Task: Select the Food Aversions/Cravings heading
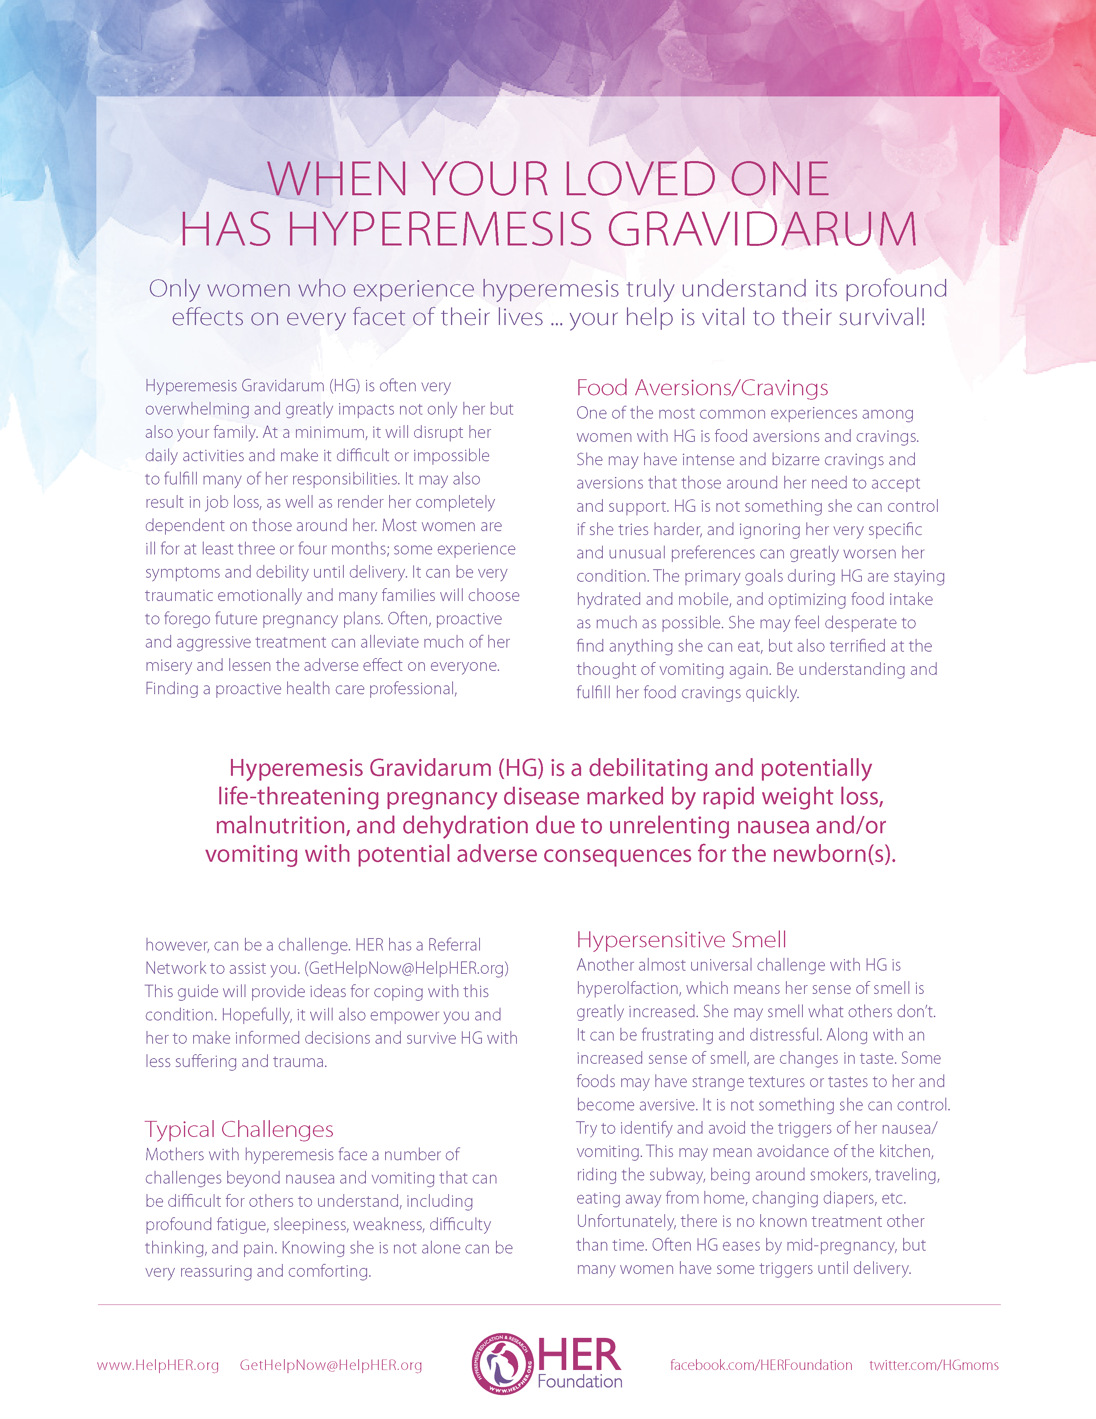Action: [x=702, y=388]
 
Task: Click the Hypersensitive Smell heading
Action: [x=681, y=939]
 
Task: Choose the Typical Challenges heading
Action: [x=239, y=1129]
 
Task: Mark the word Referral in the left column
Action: [x=454, y=945]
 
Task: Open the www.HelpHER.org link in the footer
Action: [x=158, y=1365]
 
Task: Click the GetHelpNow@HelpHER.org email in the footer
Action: [x=331, y=1365]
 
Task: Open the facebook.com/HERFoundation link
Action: [x=761, y=1365]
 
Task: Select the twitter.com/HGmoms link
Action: [x=934, y=1365]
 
